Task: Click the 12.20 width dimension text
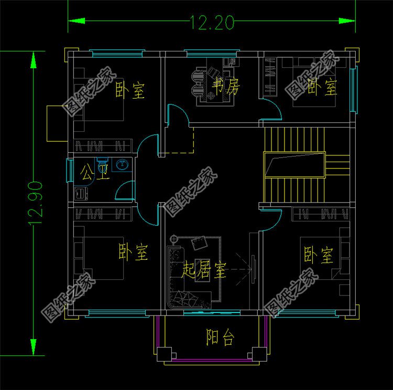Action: tap(212, 23)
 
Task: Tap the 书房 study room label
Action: tap(226, 86)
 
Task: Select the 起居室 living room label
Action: tap(204, 271)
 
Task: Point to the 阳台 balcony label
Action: tap(220, 338)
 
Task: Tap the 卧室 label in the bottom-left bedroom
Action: tap(134, 252)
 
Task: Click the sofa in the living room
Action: tap(175, 278)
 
